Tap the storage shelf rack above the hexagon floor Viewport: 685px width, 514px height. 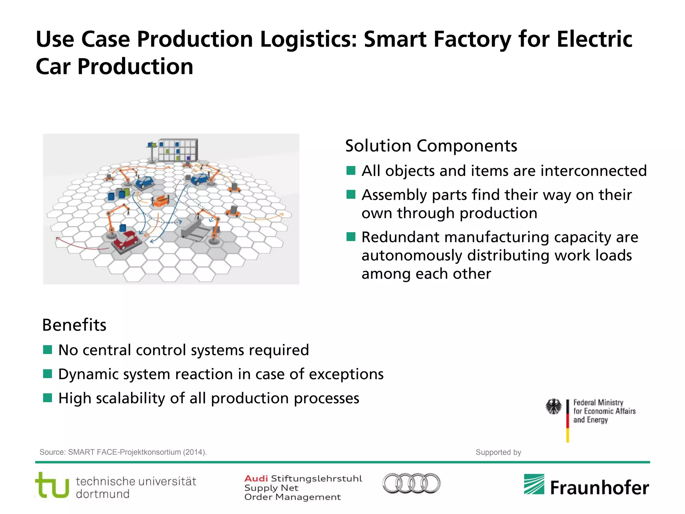click(178, 150)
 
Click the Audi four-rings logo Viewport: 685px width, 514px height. click(411, 483)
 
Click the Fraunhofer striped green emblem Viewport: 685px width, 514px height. click(534, 484)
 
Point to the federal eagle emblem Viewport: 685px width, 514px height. click(554, 407)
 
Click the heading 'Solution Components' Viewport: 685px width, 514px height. click(431, 146)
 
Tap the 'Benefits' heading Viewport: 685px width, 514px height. click(74, 325)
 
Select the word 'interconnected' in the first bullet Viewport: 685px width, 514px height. click(593, 171)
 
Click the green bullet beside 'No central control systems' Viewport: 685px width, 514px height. click(47, 350)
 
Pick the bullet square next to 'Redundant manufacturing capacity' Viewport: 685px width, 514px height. click(351, 237)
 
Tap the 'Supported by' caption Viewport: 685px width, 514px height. click(498, 452)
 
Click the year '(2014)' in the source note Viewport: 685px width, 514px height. click(195, 452)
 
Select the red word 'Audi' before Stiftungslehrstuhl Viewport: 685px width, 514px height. click(256, 479)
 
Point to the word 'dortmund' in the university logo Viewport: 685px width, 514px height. click(103, 494)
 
